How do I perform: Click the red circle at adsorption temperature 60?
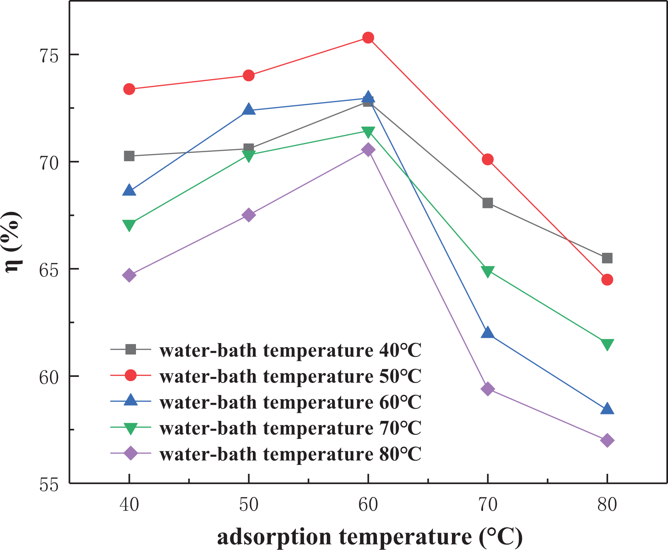[368, 38]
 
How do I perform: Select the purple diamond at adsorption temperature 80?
[607, 440]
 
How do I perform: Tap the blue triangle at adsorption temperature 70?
[488, 333]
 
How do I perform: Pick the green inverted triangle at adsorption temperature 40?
[129, 225]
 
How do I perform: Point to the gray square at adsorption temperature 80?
[607, 258]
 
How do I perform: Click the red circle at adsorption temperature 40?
[129, 89]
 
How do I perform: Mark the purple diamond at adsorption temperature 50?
[249, 215]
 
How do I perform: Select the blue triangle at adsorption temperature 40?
[129, 190]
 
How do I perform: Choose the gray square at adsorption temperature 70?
[488, 203]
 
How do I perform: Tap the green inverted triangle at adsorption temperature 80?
[607, 344]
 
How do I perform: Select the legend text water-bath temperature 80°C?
[290, 454]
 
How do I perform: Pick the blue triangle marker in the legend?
[130, 400]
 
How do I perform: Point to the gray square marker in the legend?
[130, 349]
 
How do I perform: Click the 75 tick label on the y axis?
[49, 55]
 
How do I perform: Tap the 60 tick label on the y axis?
[49, 377]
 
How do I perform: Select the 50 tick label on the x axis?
[249, 504]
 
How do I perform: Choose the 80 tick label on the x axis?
[607, 504]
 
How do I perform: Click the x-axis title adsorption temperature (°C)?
[369, 537]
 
